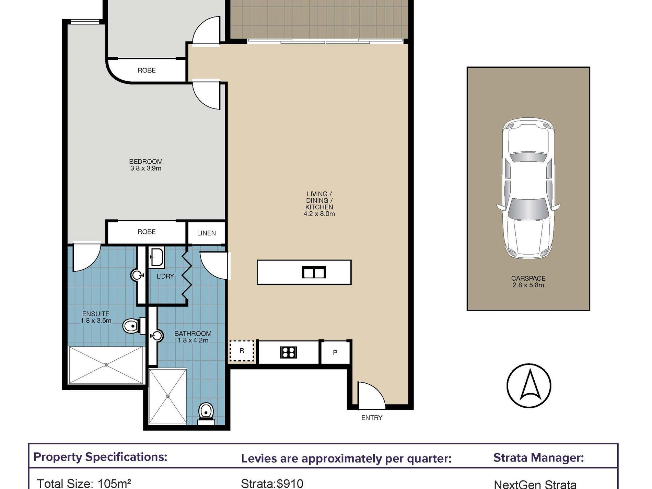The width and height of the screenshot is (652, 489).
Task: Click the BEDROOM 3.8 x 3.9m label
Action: click(146, 165)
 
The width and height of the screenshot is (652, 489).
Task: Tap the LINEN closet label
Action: click(207, 233)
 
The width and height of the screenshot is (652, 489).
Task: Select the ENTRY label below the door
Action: click(372, 418)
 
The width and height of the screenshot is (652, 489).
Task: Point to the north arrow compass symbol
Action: click(529, 386)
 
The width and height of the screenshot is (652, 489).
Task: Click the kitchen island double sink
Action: click(314, 272)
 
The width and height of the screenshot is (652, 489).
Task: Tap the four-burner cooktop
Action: click(288, 352)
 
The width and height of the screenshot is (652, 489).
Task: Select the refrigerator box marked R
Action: click(242, 351)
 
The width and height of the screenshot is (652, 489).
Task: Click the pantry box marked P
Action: click(335, 352)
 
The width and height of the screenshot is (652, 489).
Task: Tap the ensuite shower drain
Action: click(106, 365)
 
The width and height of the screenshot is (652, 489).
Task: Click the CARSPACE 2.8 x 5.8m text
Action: click(528, 282)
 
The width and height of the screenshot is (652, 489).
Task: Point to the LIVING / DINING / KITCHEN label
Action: click(319, 204)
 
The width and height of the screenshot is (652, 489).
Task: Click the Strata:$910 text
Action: click(272, 484)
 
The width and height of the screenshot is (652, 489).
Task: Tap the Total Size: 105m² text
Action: click(84, 484)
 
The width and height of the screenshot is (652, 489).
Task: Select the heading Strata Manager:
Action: click(538, 457)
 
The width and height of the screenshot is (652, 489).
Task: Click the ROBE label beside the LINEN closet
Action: click(147, 232)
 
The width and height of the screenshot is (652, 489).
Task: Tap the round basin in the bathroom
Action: click(157, 336)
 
